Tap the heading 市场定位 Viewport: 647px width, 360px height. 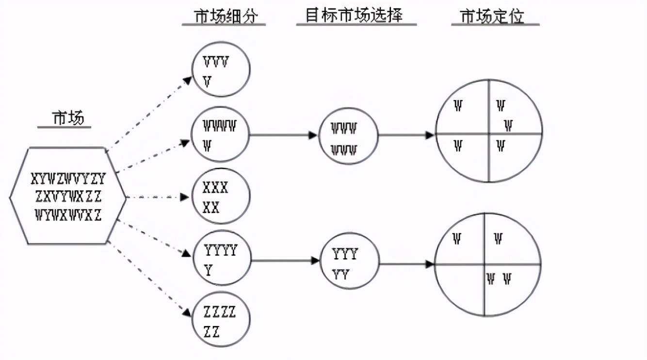pos(493,16)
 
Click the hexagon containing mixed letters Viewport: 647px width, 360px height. pos(68,196)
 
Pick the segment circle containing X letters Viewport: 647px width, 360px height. pos(221,197)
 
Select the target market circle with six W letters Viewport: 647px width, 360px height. pos(348,135)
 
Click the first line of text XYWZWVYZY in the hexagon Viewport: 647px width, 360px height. pos(68,180)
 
